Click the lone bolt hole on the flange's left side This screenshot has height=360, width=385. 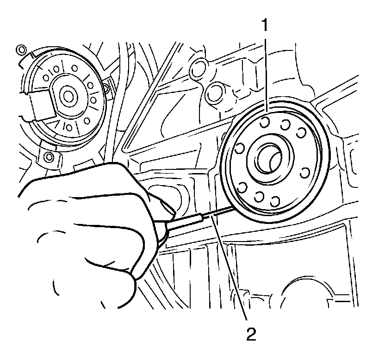click(x=240, y=149)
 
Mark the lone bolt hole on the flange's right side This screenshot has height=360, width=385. click(x=305, y=173)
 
